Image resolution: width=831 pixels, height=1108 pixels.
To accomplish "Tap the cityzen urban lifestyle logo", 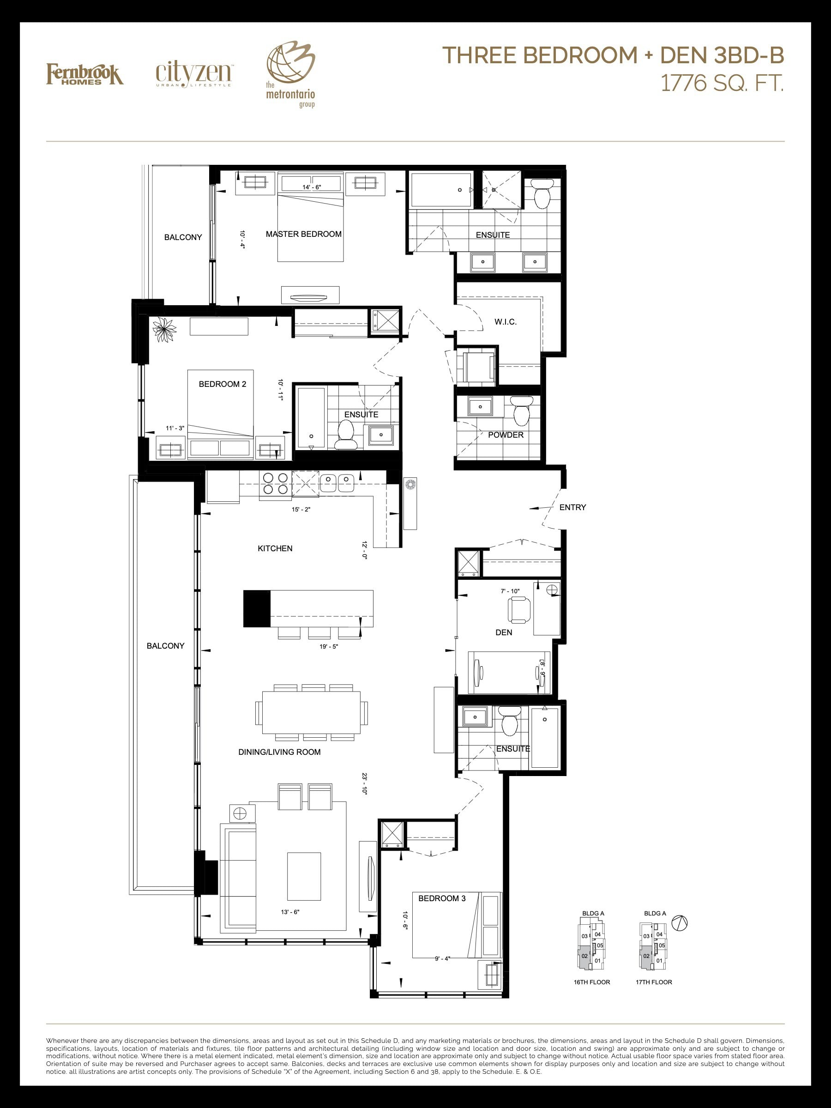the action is point(194,75).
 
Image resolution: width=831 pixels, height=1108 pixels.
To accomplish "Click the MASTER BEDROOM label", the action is point(304,234).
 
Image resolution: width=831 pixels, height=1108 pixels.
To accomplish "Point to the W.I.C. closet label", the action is point(506,322).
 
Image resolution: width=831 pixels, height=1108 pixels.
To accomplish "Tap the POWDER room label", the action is point(506,435).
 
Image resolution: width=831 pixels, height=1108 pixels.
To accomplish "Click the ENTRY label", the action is point(572,507).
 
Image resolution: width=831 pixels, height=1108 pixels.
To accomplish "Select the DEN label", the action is point(504,632).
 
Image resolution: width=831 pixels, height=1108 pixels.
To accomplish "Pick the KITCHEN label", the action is point(275,548).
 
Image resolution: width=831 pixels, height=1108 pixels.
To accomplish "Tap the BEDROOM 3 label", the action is point(442,898).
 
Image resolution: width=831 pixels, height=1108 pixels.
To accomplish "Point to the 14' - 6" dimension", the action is point(312,187).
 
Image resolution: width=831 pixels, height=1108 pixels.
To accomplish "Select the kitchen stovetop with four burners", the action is point(275,483).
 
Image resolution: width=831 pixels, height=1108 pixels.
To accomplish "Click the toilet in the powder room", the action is point(521,410).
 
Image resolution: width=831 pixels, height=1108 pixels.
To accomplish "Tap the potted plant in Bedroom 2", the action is point(164,330).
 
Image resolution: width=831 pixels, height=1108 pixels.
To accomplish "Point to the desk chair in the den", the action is point(518,609).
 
